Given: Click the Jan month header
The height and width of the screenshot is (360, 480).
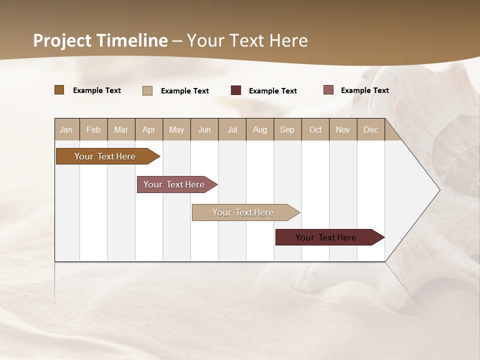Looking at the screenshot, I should (x=66, y=130).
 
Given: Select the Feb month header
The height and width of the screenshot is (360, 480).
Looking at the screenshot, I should (x=93, y=130).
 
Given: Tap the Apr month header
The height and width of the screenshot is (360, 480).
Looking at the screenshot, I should (x=148, y=130).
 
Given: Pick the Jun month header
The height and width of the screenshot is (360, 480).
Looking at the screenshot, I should (x=204, y=130).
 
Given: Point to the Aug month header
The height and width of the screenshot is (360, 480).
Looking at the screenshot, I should (x=259, y=130).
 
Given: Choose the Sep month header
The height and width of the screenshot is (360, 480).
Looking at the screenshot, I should (x=287, y=130).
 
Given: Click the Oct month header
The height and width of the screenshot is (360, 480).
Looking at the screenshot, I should (x=315, y=130).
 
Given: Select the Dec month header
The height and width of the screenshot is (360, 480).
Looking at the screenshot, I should (x=370, y=130).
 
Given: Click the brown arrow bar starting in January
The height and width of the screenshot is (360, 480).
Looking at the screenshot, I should (x=105, y=156).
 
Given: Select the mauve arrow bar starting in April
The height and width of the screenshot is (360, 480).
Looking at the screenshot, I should (x=174, y=184).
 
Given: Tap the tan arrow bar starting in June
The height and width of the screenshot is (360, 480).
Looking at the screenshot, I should (x=243, y=212).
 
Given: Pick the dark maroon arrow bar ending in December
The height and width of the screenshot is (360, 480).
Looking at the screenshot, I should (x=326, y=237).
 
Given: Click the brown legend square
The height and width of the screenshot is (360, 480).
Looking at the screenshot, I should (x=59, y=90).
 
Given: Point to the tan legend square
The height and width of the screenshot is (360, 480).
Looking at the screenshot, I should (x=147, y=90).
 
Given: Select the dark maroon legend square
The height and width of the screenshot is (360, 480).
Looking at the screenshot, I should (x=236, y=90).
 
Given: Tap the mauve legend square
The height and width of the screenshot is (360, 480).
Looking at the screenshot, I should (x=328, y=90).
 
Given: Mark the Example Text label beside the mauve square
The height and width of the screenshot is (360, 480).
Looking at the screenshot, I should (x=364, y=90).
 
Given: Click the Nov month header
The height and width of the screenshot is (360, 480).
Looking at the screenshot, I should (x=343, y=130).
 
